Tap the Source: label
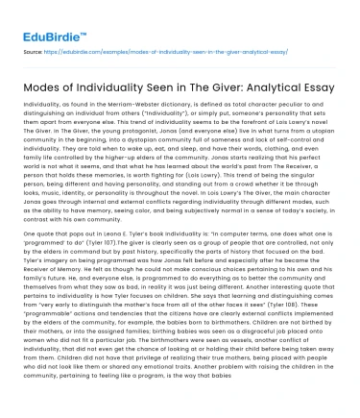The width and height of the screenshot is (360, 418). pos(32,45)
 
